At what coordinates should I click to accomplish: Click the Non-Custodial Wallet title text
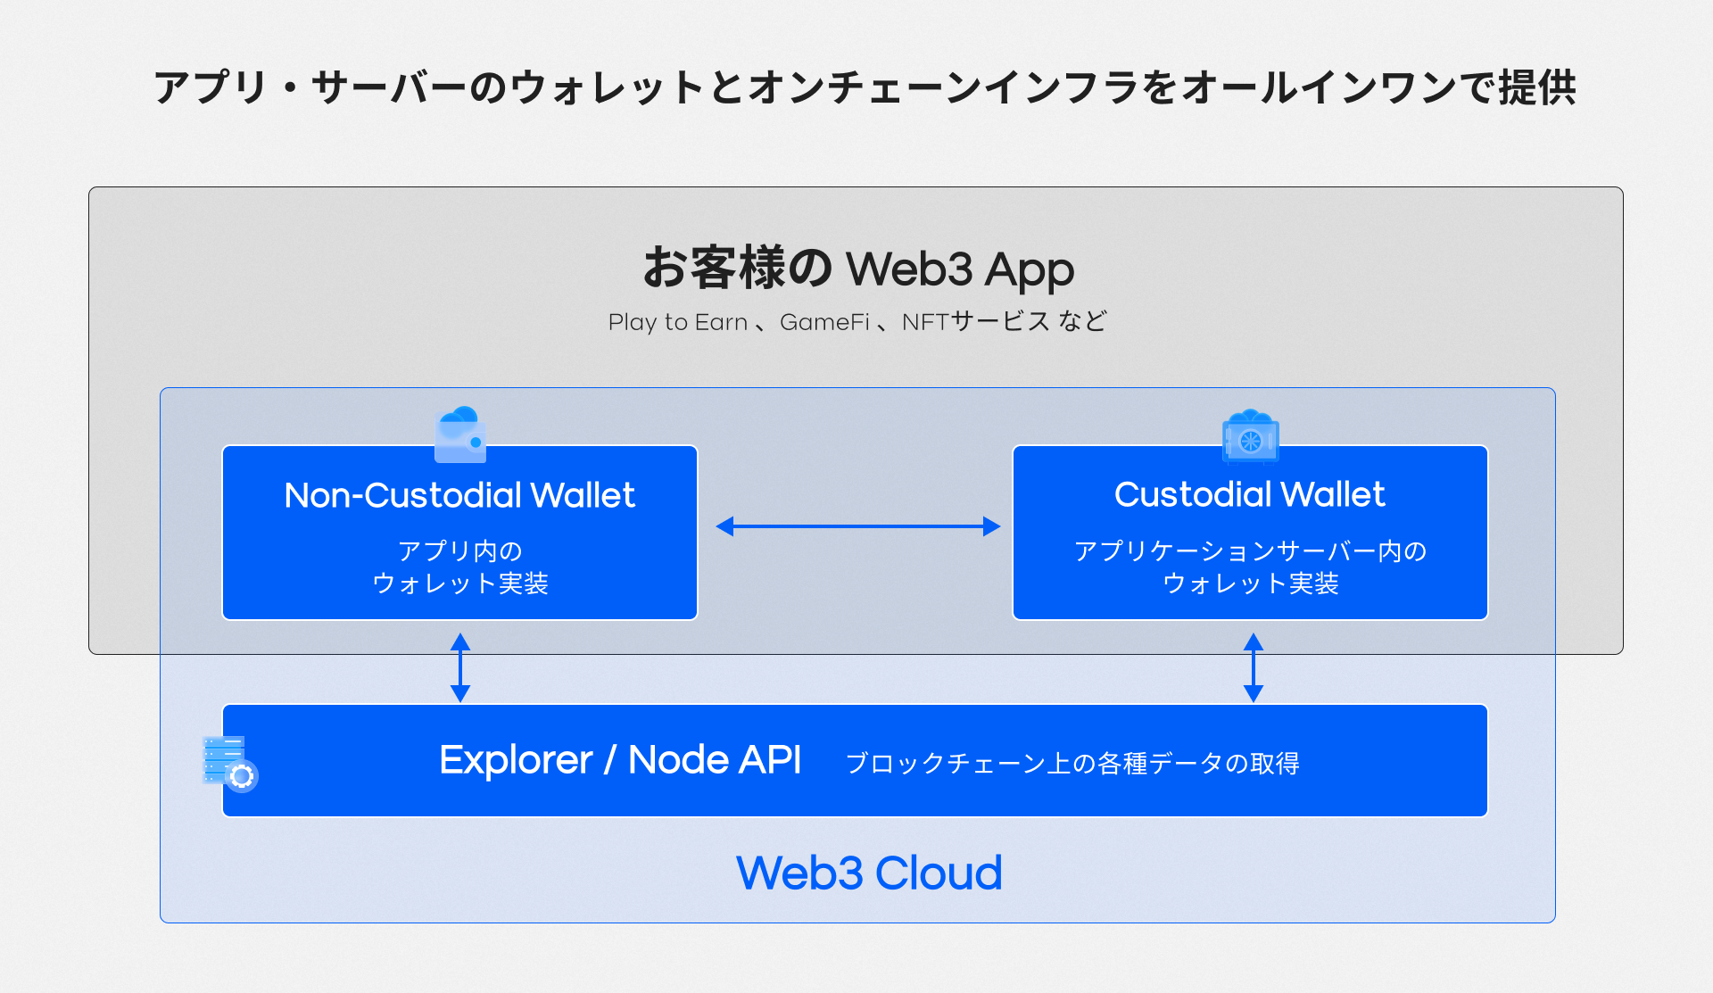459,495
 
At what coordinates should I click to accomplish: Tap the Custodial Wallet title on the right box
1249,494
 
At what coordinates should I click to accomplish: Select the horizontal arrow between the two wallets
857,526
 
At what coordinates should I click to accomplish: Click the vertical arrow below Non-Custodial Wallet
460,667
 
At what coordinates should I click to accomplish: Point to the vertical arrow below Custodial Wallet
1253,667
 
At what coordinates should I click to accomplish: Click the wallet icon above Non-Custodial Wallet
460,434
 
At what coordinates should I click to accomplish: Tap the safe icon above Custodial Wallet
1250,436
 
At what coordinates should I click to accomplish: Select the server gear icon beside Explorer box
229,764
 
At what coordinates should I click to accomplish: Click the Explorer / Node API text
620,760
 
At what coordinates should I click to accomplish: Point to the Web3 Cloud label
869,873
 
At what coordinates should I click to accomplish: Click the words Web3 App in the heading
959,269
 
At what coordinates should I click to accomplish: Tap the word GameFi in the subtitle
824,322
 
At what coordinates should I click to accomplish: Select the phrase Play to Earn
678,322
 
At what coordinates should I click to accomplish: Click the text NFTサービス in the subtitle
975,322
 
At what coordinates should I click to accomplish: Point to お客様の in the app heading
738,268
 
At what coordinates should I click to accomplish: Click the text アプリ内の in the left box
459,551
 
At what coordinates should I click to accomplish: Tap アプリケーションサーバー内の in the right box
1250,551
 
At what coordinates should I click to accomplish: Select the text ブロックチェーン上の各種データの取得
1072,764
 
